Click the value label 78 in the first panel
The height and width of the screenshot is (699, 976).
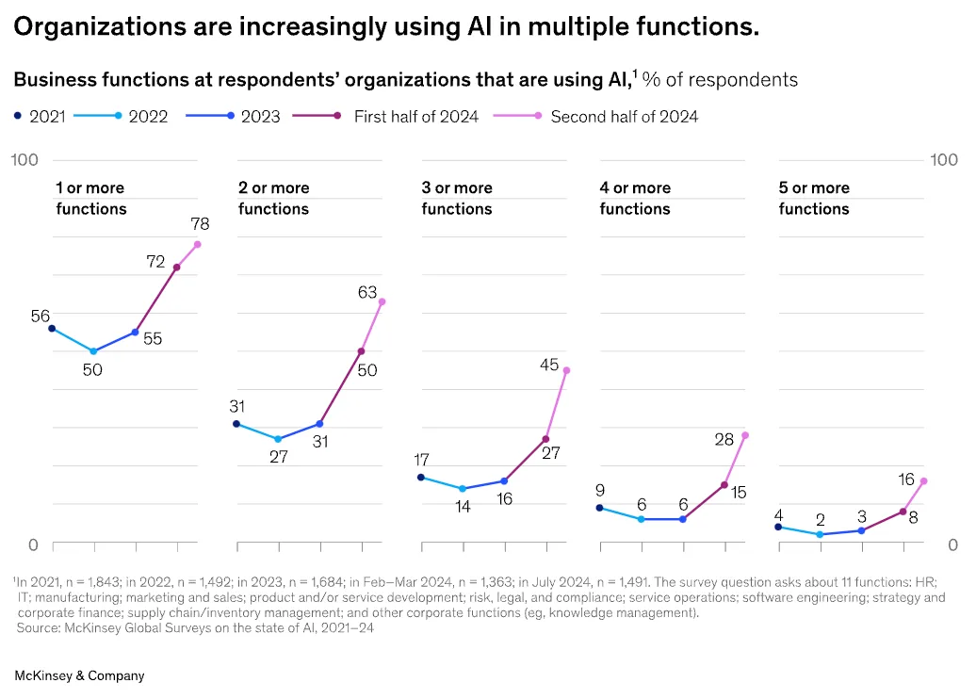point(199,224)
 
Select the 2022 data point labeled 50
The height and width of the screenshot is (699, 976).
point(93,351)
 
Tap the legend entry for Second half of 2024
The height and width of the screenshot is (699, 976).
point(624,117)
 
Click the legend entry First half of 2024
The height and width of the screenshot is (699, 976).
point(415,117)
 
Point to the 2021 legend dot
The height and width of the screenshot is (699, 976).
point(17,117)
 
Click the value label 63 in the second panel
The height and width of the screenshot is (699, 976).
point(367,293)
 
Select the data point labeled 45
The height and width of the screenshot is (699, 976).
point(566,370)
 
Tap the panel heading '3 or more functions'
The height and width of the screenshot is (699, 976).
point(457,198)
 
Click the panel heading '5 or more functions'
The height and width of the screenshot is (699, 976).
point(814,198)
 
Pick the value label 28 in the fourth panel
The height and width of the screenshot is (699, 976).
point(724,439)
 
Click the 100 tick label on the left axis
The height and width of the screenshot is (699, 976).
point(24,160)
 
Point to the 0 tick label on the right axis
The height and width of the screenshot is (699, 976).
point(952,545)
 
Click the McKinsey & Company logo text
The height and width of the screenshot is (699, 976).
point(79,675)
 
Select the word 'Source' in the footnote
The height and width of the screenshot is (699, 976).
point(36,628)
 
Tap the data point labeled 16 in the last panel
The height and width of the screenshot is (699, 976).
point(923,481)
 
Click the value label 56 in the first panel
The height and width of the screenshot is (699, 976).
point(40,317)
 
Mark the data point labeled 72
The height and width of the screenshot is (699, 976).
point(177,268)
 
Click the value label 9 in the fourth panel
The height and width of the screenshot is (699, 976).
point(599,490)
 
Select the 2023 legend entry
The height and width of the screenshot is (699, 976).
point(261,117)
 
